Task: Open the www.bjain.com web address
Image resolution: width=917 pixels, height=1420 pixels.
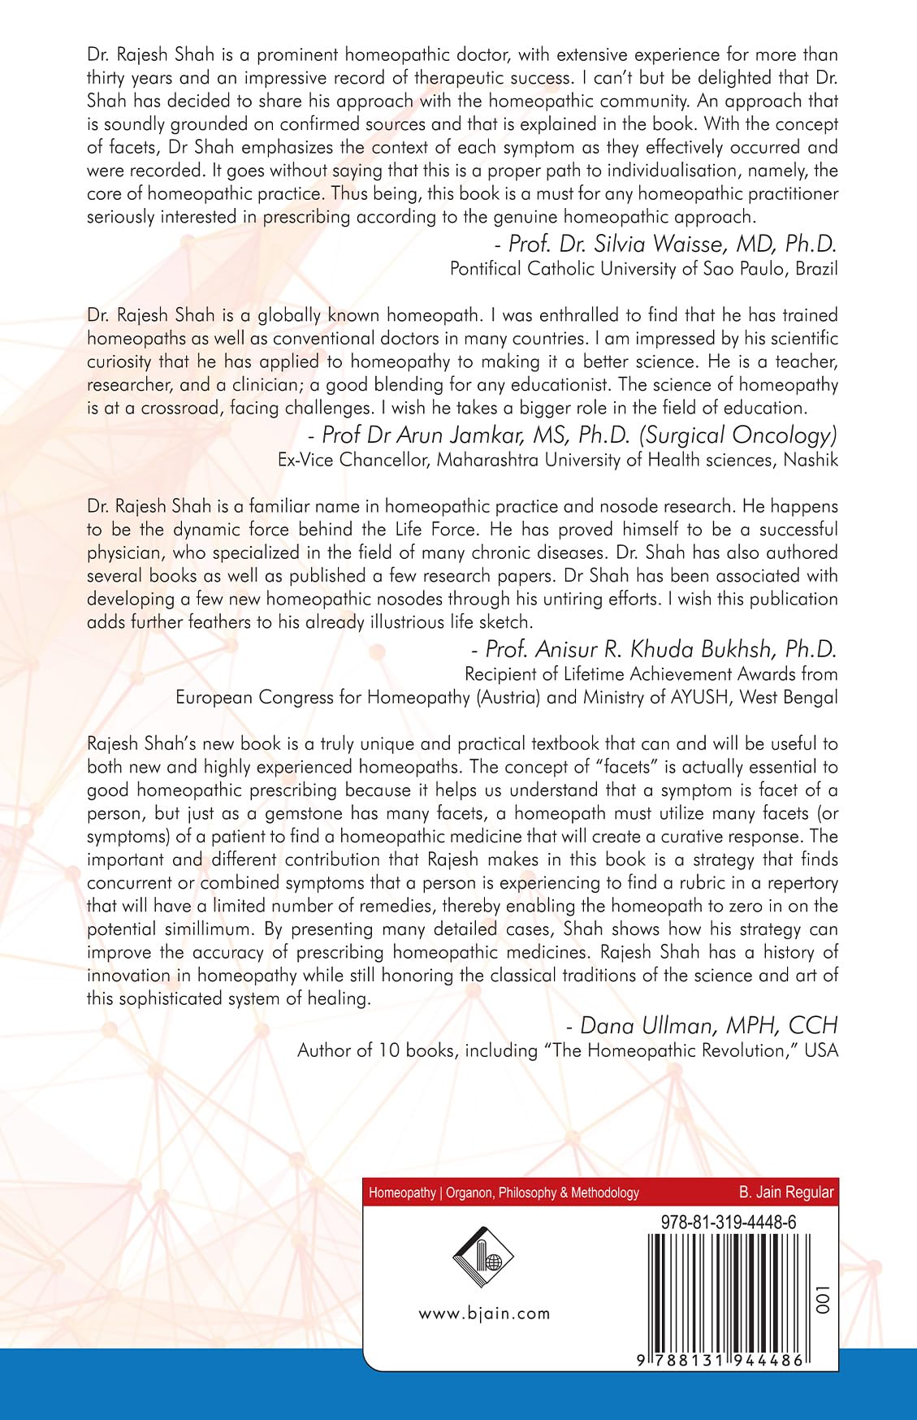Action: tap(484, 1314)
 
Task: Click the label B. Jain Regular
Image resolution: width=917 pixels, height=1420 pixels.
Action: tap(785, 1193)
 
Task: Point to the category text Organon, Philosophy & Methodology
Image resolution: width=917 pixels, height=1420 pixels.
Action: tap(543, 1193)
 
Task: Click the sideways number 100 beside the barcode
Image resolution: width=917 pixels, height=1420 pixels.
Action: tap(824, 1300)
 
